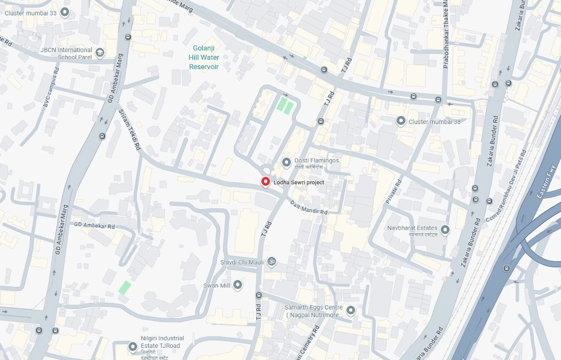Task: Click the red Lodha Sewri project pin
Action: pyautogui.click(x=265, y=182)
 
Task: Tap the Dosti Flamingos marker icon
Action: pyautogui.click(x=286, y=162)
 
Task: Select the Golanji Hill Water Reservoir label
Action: pyautogui.click(x=204, y=58)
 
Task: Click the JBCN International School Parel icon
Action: pyautogui.click(x=100, y=53)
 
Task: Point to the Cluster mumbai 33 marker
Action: pyautogui.click(x=65, y=12)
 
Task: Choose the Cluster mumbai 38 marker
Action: pyautogui.click(x=401, y=121)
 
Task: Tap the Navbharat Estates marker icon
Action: pyautogui.click(x=445, y=230)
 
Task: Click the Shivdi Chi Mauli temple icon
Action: pyautogui.click(x=272, y=262)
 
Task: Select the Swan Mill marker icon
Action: pyautogui.click(x=238, y=285)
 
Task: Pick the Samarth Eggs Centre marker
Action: pyautogui.click(x=351, y=311)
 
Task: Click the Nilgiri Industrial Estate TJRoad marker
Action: pyautogui.click(x=132, y=347)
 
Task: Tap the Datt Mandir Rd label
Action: pyautogui.click(x=308, y=207)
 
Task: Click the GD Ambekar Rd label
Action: pyautogui.click(x=94, y=226)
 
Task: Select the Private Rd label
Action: pyautogui.click(x=394, y=192)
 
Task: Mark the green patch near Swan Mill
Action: pyautogui.click(x=125, y=287)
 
